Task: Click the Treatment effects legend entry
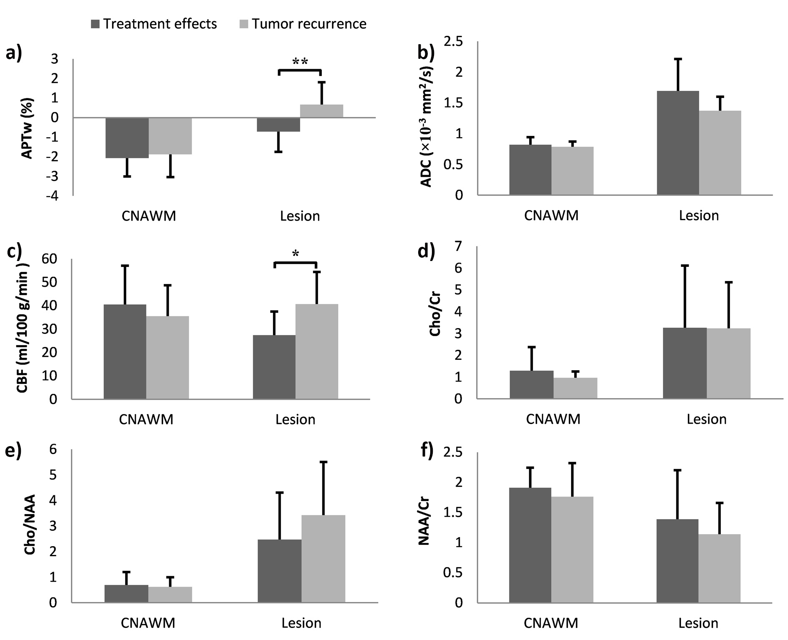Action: click(154, 24)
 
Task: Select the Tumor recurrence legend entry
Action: click(304, 24)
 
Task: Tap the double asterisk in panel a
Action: click(300, 62)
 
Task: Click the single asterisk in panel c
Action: click(296, 254)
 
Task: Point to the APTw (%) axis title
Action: click(27, 128)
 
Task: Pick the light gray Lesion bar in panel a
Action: click(321, 111)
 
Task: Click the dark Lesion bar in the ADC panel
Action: click(678, 143)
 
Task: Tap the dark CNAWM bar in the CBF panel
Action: click(125, 351)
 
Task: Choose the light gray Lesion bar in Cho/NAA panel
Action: click(323, 559)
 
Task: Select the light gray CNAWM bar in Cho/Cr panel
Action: click(575, 388)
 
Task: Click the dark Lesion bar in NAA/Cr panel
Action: click(678, 561)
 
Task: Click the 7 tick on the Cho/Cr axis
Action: click(459, 246)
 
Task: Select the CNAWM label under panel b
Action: click(551, 216)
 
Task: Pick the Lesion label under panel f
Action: click(698, 623)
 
